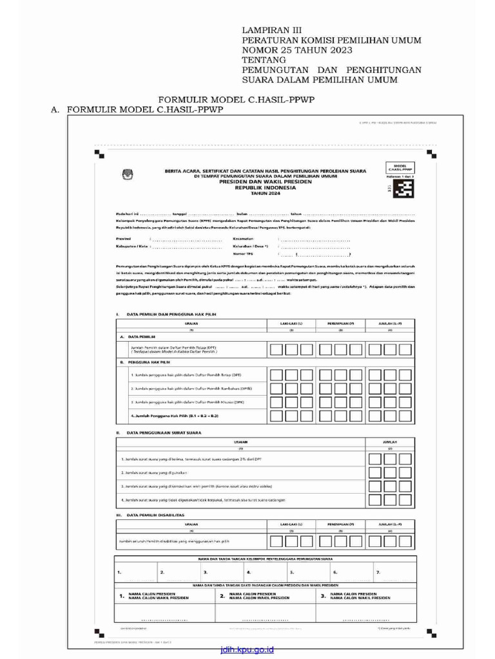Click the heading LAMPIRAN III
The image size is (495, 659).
coord(271,30)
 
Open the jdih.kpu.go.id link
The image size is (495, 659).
coord(247,650)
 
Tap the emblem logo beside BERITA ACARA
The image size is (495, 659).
coord(126,174)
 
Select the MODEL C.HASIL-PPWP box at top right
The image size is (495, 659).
coord(399,167)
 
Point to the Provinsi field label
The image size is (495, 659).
coord(124,238)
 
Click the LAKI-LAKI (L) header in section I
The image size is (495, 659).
coord(291,323)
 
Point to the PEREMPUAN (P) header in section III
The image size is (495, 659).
coord(341,525)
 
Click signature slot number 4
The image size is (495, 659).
coord(249,571)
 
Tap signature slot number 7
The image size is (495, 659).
coord(378,571)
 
